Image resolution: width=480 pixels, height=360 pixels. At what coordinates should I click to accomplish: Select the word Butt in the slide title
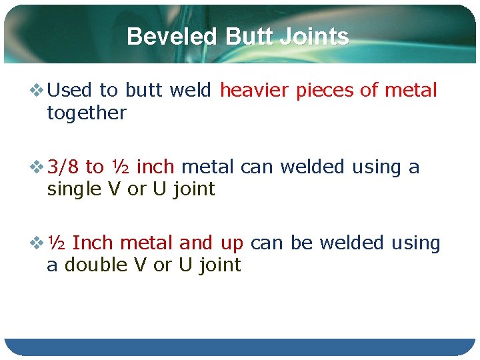click(x=251, y=36)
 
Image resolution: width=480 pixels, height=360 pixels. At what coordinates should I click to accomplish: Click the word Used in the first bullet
click(x=70, y=90)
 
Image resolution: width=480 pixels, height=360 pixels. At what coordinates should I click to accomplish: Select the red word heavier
click(x=255, y=90)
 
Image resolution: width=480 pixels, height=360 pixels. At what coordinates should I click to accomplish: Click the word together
click(x=86, y=113)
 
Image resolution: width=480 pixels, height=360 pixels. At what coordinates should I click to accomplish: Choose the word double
click(x=96, y=265)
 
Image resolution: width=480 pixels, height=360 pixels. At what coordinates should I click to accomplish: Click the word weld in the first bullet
click(x=191, y=90)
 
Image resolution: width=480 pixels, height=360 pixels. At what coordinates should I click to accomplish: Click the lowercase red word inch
click(x=155, y=167)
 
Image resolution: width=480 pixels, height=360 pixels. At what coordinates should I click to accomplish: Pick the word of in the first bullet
click(x=369, y=90)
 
